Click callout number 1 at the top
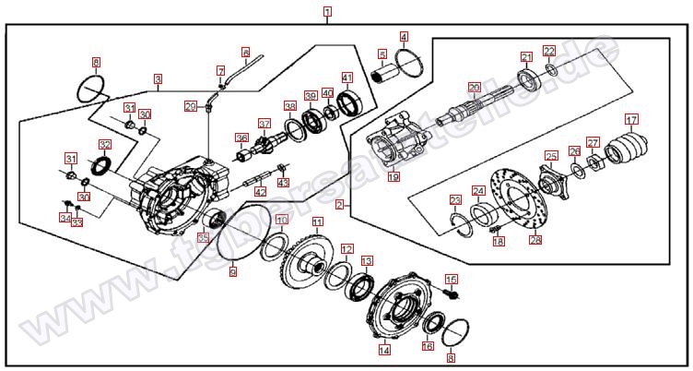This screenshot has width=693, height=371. coord(328,14)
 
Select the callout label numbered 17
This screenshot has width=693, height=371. coord(631,119)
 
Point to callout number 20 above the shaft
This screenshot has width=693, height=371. coord(473,88)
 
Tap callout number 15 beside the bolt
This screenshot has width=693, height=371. coord(452,279)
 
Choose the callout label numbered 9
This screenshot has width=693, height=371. coord(232,272)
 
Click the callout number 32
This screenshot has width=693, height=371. coord(105,144)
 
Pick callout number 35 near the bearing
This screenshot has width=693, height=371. coord(203,238)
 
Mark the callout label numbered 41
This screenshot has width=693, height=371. coord(347,78)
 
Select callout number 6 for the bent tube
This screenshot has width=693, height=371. coord(246,53)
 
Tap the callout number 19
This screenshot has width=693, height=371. coord(393,175)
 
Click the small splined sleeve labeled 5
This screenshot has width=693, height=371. coord(384,75)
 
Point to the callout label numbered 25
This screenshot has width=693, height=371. coord(550,156)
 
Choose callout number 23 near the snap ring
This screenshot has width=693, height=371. coord(455,200)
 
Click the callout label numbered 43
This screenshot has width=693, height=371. coord(283,183)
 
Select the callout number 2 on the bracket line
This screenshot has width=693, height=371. coord(340,203)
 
